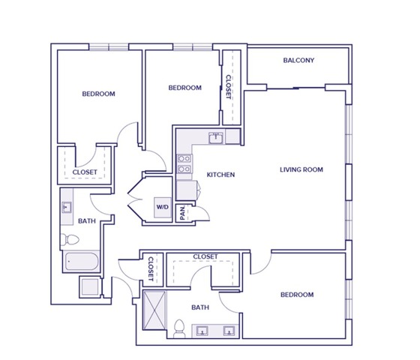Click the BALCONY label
[x=298, y=61]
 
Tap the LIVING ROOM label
[x=301, y=169]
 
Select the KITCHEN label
[x=220, y=175]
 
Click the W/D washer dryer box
[x=162, y=207]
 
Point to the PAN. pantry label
[x=182, y=212]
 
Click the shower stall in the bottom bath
[x=155, y=307]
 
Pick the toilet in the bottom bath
[x=178, y=328]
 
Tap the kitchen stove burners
[x=182, y=164]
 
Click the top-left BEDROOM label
[x=98, y=94]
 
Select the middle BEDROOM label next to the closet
[x=184, y=88]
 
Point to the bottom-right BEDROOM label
[x=297, y=295]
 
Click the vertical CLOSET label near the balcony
[x=229, y=87]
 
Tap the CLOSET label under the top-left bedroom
[x=85, y=172]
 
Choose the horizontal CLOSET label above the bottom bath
[x=205, y=256]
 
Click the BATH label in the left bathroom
[x=86, y=220]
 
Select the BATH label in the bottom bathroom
[x=200, y=307]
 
